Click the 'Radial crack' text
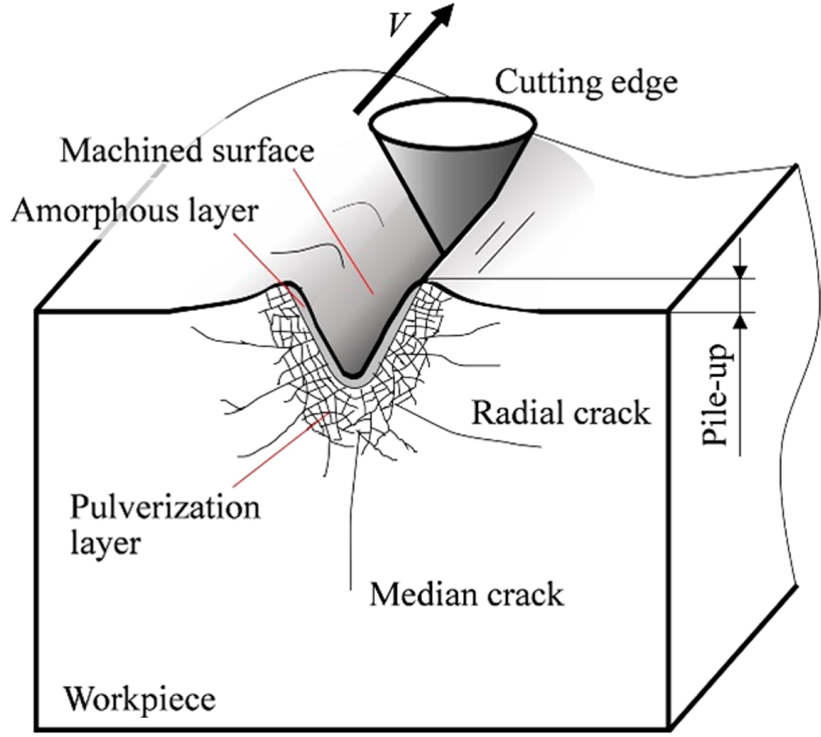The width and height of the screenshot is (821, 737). (x=561, y=413)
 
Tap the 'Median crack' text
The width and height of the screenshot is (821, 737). (x=466, y=593)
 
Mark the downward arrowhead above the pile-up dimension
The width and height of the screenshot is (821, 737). (x=741, y=272)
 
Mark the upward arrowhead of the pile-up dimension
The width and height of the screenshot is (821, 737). (x=741, y=320)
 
